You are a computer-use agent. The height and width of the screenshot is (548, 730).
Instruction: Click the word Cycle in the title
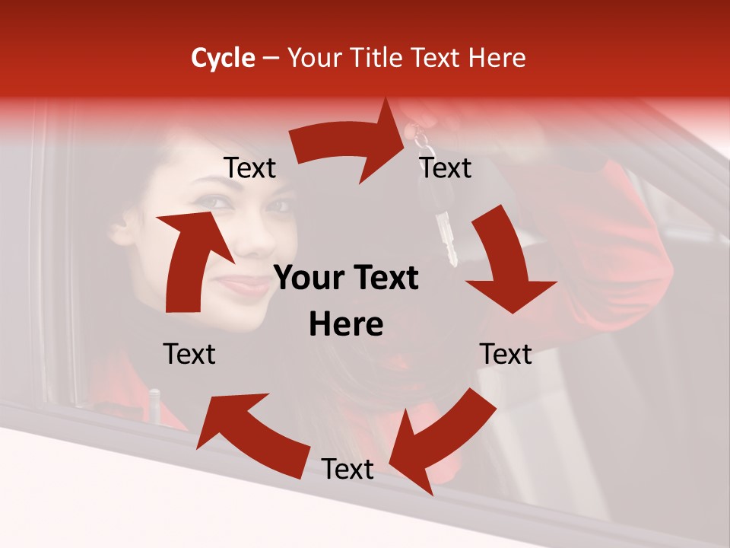[223, 58]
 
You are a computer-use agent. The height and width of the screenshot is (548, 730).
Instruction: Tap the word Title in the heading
[379, 58]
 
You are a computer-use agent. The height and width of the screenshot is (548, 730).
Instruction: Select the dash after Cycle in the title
[271, 59]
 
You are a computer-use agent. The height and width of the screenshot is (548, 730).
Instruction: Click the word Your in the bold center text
[307, 279]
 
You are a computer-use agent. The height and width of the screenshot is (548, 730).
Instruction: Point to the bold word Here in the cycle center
[346, 325]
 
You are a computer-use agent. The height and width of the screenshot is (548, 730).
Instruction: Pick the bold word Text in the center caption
[384, 279]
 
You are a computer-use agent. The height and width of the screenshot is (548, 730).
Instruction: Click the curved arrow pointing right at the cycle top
[350, 145]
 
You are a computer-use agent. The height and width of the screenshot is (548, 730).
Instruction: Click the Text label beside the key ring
[446, 167]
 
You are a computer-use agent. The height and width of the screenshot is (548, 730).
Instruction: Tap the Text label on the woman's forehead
[250, 167]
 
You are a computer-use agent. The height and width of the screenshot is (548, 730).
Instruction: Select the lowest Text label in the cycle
[348, 470]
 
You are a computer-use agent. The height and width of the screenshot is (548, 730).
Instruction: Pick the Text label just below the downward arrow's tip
[506, 354]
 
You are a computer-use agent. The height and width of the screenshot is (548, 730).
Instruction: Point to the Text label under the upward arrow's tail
[189, 354]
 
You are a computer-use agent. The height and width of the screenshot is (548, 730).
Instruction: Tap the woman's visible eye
[215, 202]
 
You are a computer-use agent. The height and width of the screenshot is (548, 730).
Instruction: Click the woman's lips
[244, 285]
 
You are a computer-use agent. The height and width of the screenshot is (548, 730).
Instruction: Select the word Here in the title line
[495, 58]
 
